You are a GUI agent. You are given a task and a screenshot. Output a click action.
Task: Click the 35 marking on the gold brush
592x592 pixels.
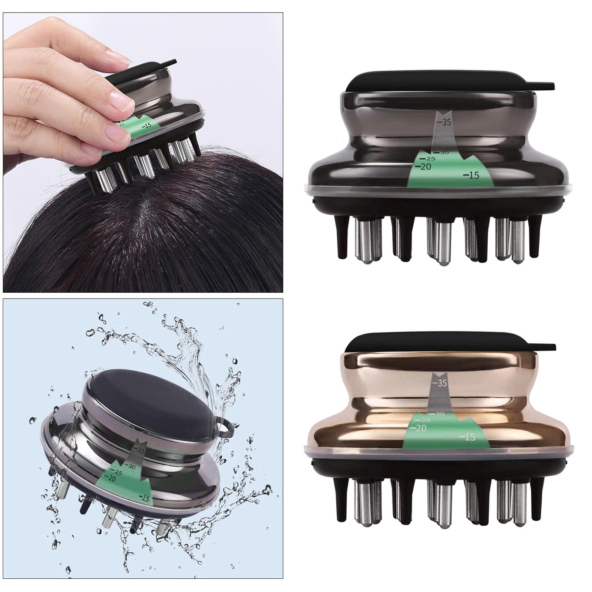coord(441,383)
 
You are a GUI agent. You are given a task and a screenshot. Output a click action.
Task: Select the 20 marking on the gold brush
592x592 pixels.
coord(420,428)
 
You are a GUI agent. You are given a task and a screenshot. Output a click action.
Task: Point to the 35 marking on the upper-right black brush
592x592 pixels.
coord(445,122)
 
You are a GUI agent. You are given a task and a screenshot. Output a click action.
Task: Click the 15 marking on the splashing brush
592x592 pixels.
coord(145,498)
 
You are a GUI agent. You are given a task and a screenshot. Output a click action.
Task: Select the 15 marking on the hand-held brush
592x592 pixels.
coord(147,125)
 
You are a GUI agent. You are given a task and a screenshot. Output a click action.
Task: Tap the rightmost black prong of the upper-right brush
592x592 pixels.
coord(535,237)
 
